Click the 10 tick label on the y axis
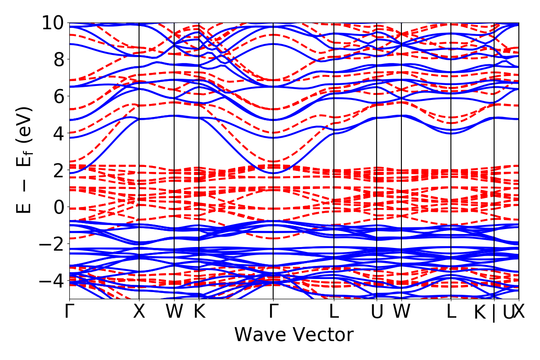pyautogui.click(x=52, y=22)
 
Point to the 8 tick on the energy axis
pyautogui.click(x=58, y=59)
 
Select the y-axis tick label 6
pyautogui.click(x=58, y=96)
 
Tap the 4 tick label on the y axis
pyautogui.click(x=58, y=133)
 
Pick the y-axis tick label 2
pyautogui.click(x=58, y=170)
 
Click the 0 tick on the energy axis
pyautogui.click(x=58, y=207)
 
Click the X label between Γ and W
pyautogui.click(x=139, y=312)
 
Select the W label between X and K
pyautogui.click(x=174, y=312)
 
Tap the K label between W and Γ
pyautogui.click(x=199, y=312)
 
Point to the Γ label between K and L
pyautogui.click(x=273, y=312)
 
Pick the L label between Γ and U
pyautogui.click(x=334, y=312)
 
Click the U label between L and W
pyautogui.click(x=377, y=312)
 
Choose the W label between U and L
pyautogui.click(x=401, y=312)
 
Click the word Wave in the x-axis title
pyautogui.click(x=261, y=335)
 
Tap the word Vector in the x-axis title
pyautogui.click(x=324, y=335)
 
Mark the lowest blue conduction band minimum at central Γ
pyautogui.click(x=273, y=173)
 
